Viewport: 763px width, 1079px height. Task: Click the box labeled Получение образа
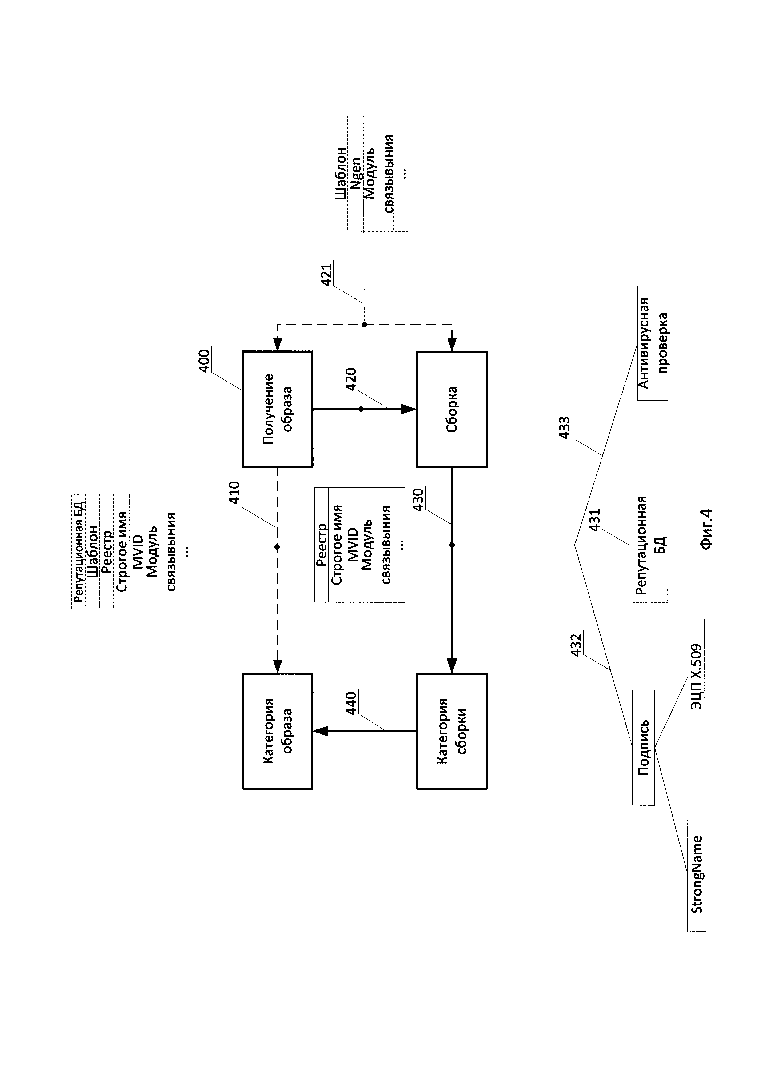(277, 409)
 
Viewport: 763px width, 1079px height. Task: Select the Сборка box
(452, 409)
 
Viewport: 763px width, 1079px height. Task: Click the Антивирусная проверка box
(653, 343)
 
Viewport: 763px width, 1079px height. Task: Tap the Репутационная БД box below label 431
(650, 545)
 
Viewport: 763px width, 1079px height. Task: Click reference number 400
(204, 361)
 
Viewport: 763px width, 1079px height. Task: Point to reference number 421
(326, 274)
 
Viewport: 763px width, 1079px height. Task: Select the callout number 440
(351, 704)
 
